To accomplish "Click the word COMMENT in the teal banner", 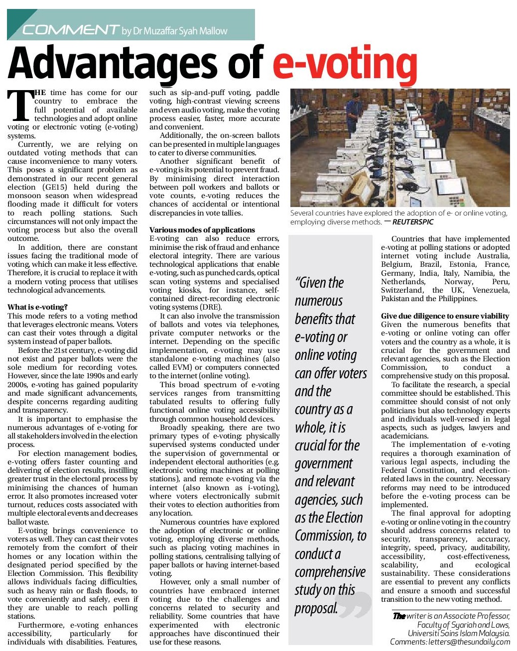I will pos(70,30).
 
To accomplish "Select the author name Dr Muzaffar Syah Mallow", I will pos(174,31).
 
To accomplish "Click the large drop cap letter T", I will pos(20,106).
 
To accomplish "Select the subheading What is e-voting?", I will pos(37,307).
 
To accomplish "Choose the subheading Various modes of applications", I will pos(202,230).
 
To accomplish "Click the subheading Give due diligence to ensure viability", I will pos(445,316).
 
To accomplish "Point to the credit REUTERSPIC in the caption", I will pos(412,222).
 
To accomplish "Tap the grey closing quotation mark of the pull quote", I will pos(357,604).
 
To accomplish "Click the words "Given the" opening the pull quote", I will pos(319,283).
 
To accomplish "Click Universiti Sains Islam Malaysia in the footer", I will pos(459,634).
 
